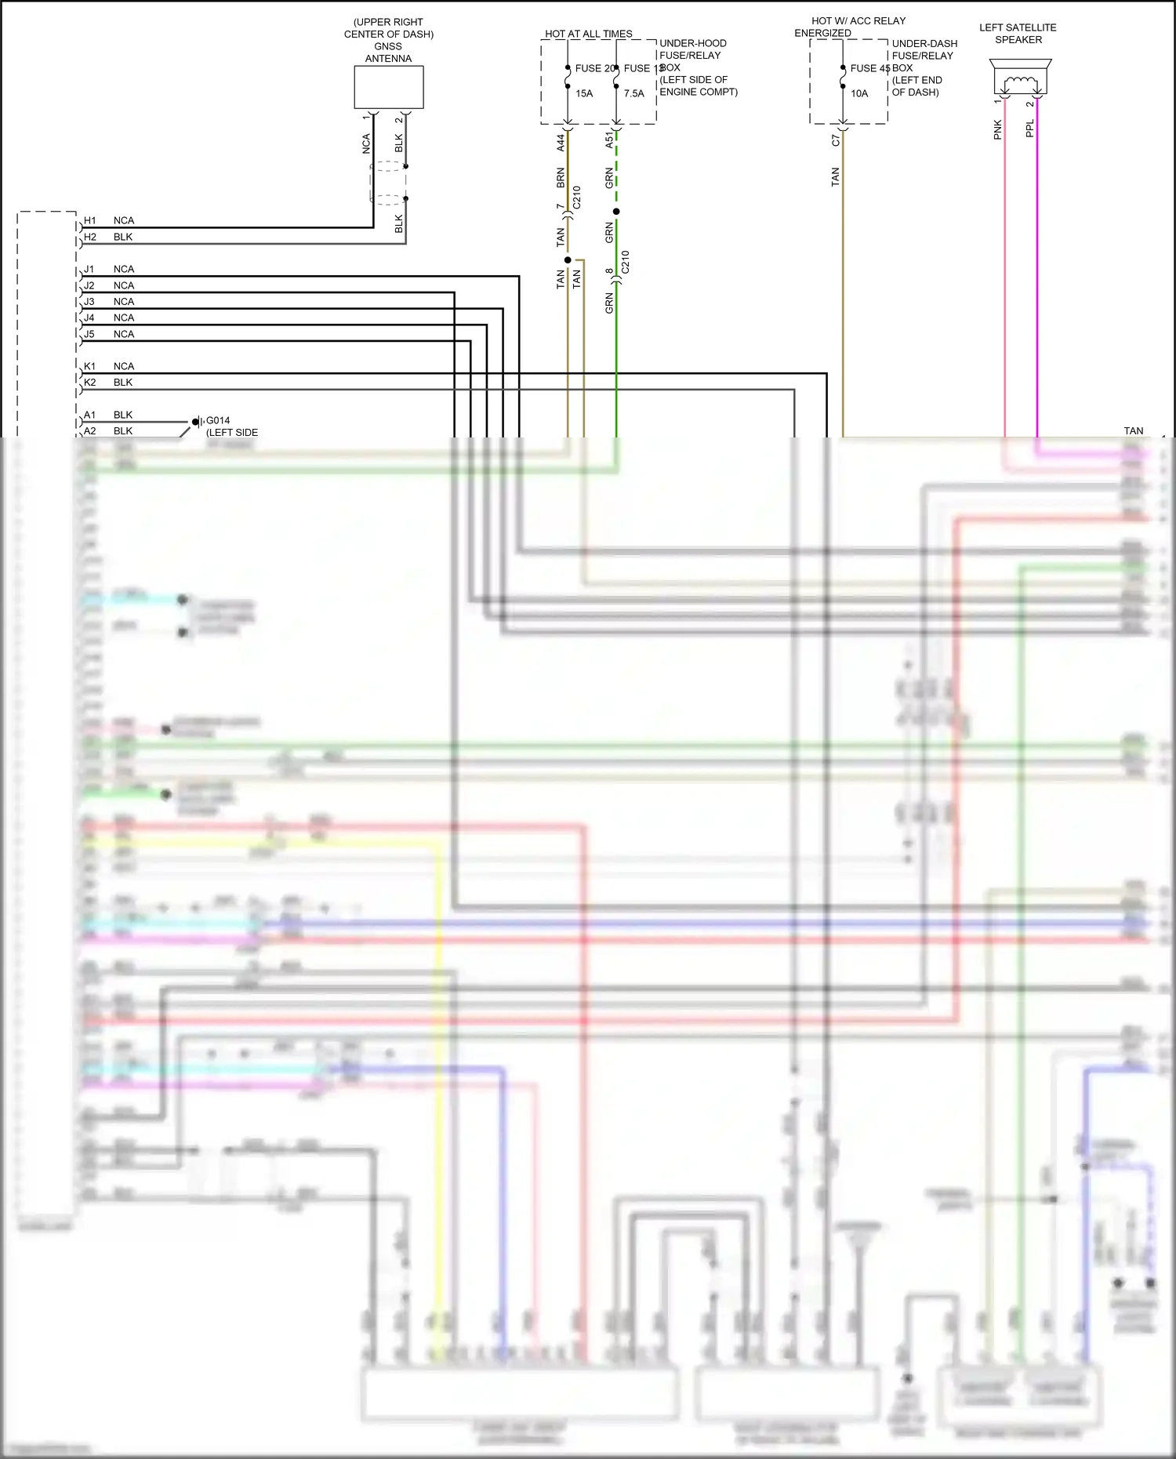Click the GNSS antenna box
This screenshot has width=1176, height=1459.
pyautogui.click(x=388, y=87)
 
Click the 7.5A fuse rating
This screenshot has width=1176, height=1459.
pyautogui.click(x=634, y=93)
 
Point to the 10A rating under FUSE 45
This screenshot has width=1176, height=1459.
pyautogui.click(x=859, y=93)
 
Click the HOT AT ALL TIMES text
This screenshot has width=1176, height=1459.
pyautogui.click(x=588, y=34)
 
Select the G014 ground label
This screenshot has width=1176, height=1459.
pyautogui.click(x=218, y=420)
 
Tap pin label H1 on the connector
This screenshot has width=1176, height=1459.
pyautogui.click(x=90, y=220)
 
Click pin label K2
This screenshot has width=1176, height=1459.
pyautogui.click(x=90, y=383)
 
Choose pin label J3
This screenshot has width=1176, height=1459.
pyautogui.click(x=89, y=302)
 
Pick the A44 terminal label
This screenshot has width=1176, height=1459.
pyautogui.click(x=561, y=143)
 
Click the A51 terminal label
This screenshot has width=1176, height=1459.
pyautogui.click(x=609, y=140)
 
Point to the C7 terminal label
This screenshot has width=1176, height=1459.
pyautogui.click(x=836, y=140)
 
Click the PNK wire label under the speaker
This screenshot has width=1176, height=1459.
pyautogui.click(x=998, y=129)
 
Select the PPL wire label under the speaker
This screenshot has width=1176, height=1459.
pyautogui.click(x=1030, y=129)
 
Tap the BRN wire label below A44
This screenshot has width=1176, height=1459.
pyautogui.click(x=561, y=178)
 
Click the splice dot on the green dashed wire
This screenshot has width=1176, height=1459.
pyautogui.click(x=616, y=212)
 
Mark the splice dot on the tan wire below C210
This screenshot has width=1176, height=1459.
pyautogui.click(x=568, y=259)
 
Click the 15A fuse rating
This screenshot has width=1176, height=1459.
pyautogui.click(x=584, y=93)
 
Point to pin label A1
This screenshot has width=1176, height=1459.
pyautogui.click(x=90, y=415)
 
